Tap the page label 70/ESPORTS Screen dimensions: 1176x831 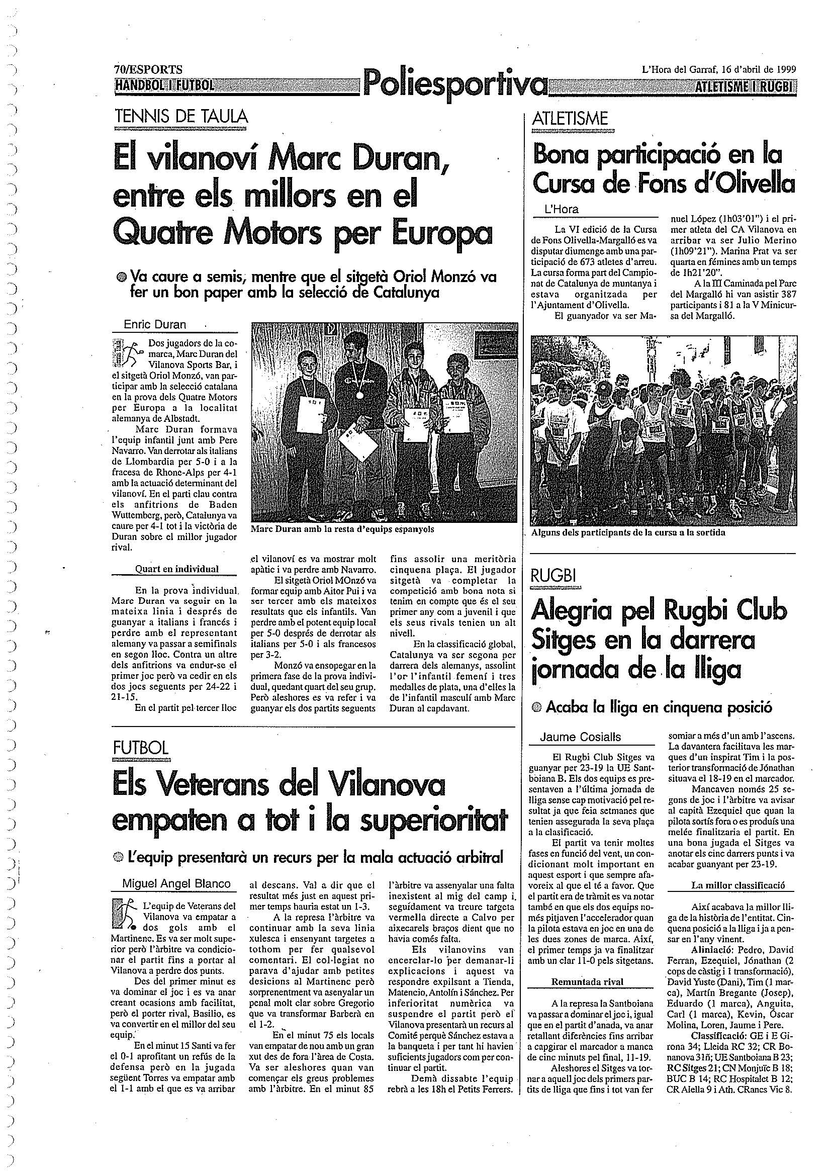[148, 70]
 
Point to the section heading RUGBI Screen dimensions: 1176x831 [553, 576]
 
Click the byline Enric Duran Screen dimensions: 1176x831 [155, 324]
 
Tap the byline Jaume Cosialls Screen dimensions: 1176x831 [581, 737]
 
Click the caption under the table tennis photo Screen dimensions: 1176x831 [342, 529]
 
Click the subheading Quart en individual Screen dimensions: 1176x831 [176, 569]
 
